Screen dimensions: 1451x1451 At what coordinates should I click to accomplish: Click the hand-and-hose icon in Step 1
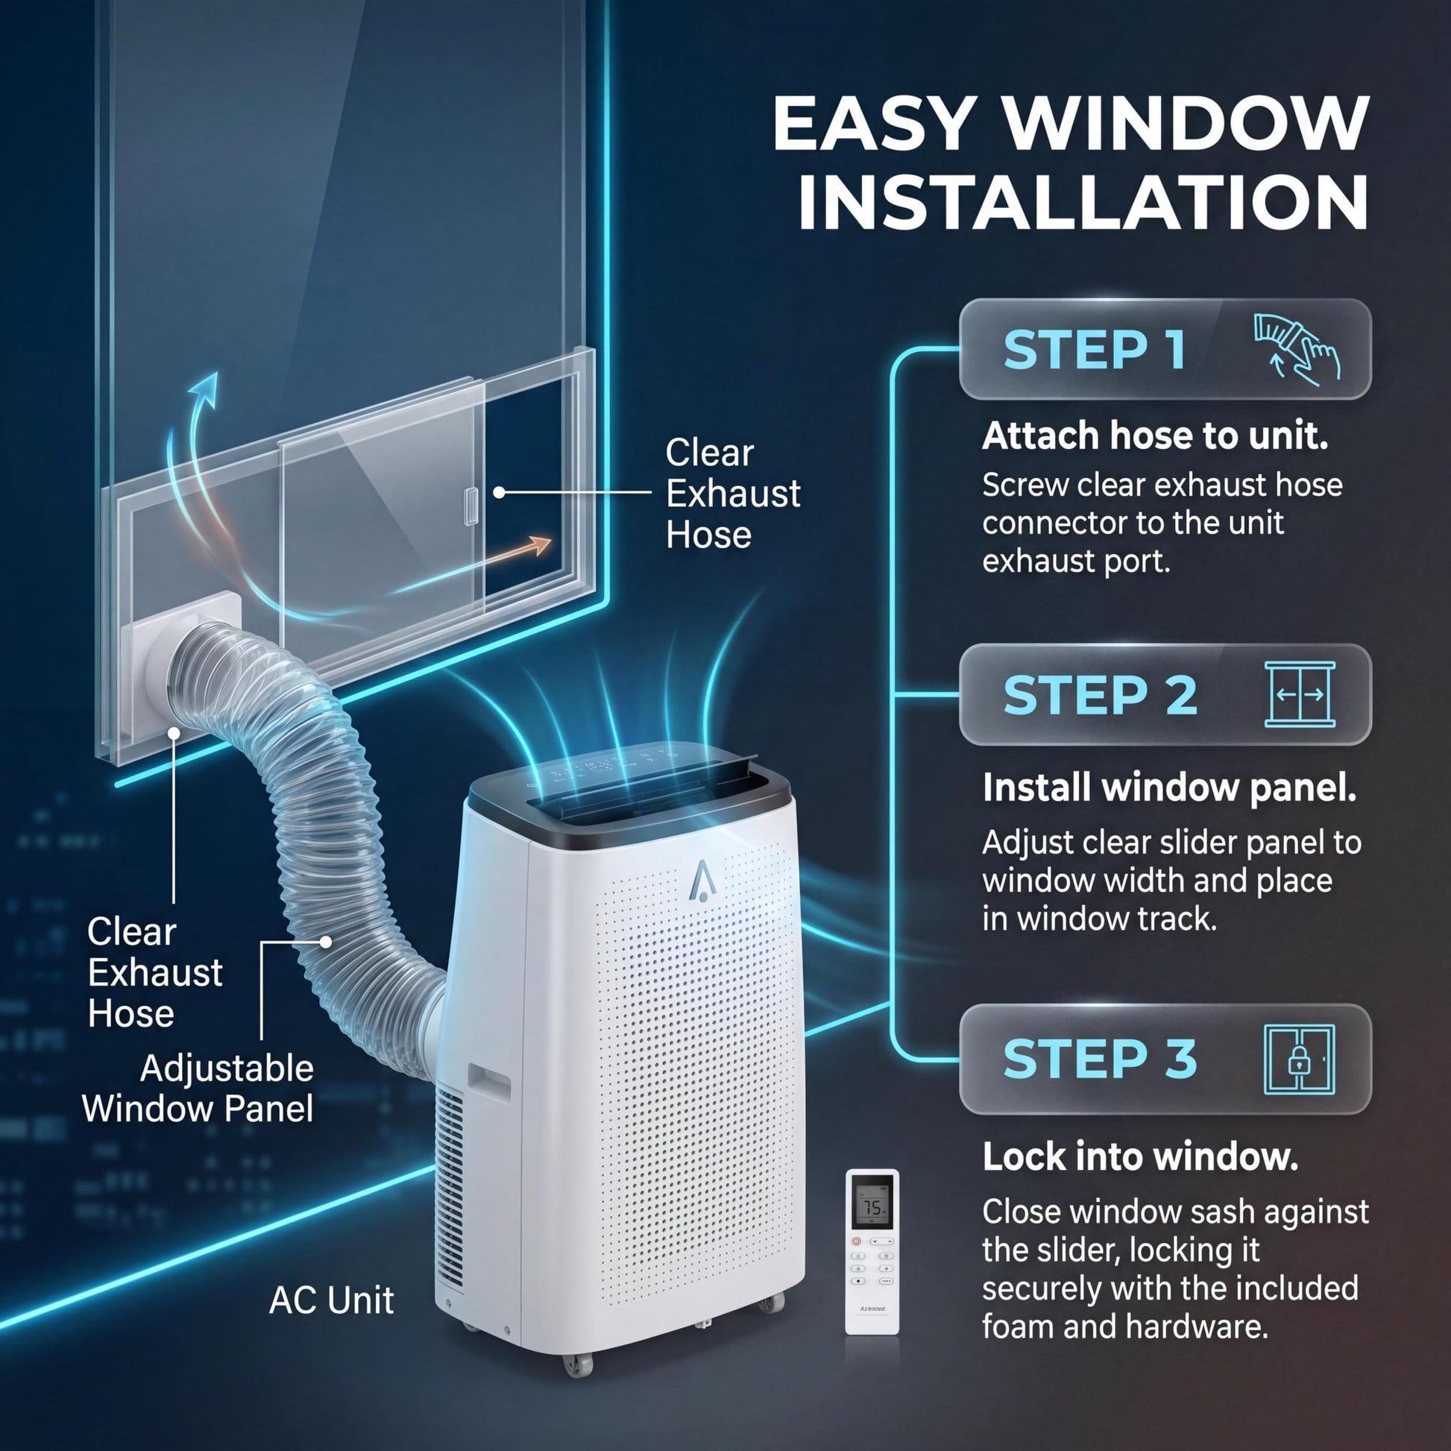(1297, 349)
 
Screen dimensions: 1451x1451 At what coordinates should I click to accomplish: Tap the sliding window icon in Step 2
(1300, 694)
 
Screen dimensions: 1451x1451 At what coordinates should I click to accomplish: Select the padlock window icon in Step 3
(1300, 1059)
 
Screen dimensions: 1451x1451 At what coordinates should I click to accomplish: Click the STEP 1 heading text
(1095, 350)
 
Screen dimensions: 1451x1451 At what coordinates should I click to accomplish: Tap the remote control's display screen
(872, 1203)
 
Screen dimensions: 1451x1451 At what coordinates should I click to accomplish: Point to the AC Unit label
(331, 1300)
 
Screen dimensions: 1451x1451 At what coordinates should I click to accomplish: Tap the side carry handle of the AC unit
(488, 1083)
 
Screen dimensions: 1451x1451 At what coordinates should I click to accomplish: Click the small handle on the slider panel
(471, 506)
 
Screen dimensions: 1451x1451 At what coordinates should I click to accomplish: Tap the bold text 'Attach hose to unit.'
(1155, 435)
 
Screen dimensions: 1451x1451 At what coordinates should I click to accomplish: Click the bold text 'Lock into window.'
(1140, 1157)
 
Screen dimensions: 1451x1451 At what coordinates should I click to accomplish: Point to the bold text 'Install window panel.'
(1169, 787)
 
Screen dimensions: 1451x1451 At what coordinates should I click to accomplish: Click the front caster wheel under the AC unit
(579, 1362)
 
